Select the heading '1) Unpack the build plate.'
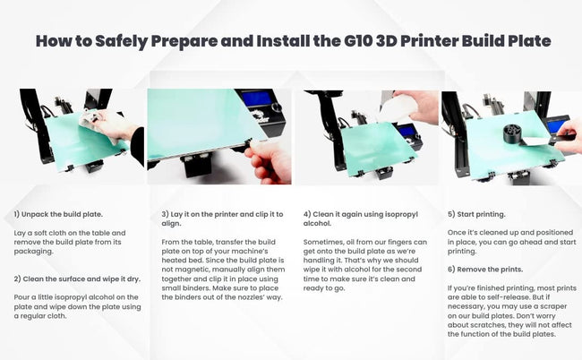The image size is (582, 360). click(57, 215)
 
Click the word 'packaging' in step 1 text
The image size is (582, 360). click(35, 252)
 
